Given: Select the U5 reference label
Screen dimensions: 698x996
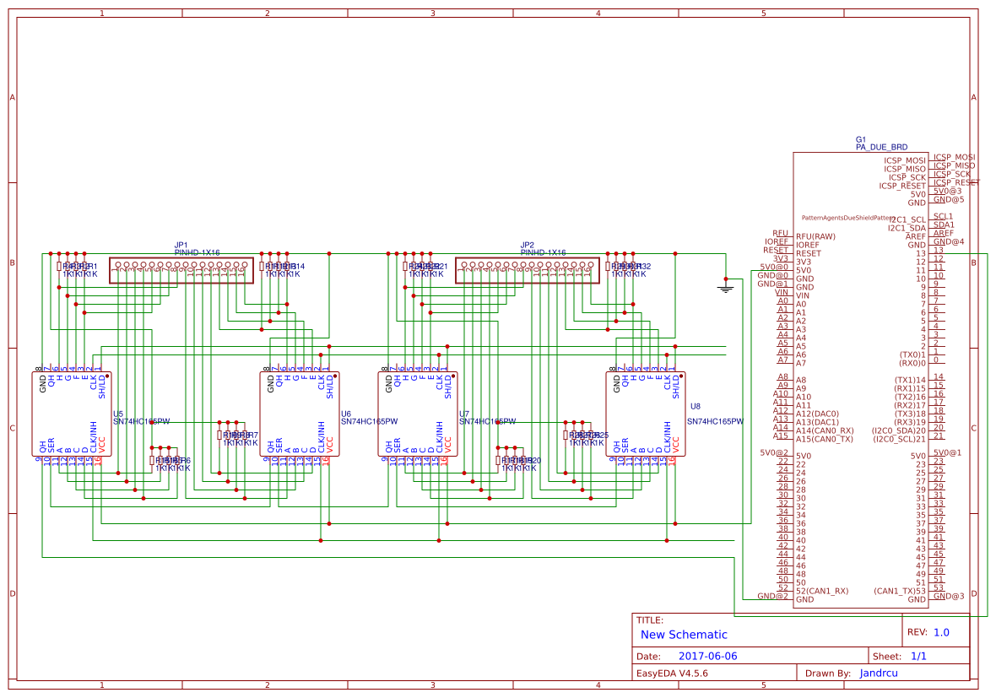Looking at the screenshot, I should [118, 414].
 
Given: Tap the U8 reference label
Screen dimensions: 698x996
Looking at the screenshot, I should [696, 406].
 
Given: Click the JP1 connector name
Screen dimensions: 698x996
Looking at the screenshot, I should [181, 245].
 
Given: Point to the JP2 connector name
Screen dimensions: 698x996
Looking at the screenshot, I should [527, 245].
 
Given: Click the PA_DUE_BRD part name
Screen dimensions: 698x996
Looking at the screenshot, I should [881, 147].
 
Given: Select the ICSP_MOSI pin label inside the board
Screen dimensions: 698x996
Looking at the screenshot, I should [905, 160].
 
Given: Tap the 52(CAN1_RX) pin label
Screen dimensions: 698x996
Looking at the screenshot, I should [822, 591].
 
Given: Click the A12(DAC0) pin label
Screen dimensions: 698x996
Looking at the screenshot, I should [817, 414].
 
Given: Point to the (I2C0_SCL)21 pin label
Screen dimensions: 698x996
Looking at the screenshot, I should [898, 439].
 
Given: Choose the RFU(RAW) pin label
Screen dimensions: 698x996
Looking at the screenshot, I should [814, 236].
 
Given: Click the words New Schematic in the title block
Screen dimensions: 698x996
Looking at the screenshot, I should [684, 635].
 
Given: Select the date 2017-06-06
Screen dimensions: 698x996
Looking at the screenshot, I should [707, 656].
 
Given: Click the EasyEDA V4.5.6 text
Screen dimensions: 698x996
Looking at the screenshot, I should [672, 674].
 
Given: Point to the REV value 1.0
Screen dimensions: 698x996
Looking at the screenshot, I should [941, 632].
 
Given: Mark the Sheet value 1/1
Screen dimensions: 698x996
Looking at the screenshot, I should [919, 656].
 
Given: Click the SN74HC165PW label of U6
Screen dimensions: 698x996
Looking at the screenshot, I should [369, 421].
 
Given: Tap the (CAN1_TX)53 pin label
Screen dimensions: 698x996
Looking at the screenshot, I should [900, 591].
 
